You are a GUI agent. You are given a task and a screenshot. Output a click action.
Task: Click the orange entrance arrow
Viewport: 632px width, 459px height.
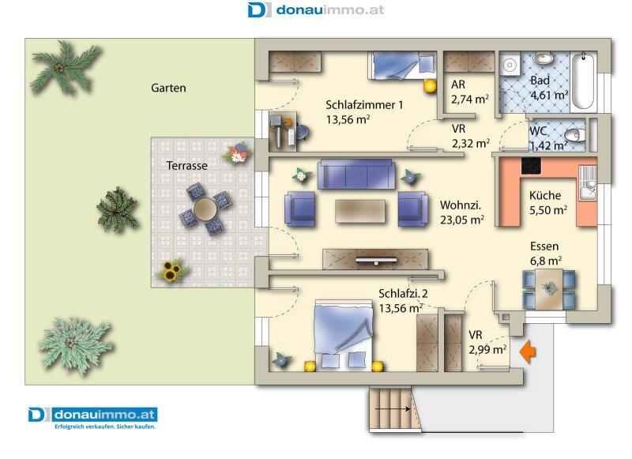[x=528, y=352]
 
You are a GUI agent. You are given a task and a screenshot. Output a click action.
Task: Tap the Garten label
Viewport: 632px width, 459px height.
[x=168, y=88]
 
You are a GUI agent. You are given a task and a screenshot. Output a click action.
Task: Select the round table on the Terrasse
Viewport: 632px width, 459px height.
[x=205, y=209]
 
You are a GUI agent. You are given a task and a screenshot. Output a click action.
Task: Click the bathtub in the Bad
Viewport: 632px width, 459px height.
[x=583, y=82]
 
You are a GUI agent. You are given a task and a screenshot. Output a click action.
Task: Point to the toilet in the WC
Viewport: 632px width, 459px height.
[x=574, y=135]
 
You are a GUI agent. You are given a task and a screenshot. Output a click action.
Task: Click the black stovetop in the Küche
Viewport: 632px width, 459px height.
[x=531, y=166]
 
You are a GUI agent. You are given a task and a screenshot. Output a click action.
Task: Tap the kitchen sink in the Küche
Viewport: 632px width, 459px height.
[x=588, y=183]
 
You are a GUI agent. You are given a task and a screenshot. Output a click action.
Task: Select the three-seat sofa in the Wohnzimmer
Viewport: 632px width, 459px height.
[x=356, y=174]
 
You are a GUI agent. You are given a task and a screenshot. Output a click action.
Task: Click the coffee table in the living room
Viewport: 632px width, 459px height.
[x=360, y=212]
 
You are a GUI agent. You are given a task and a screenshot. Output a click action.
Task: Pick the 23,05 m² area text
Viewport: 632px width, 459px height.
[x=462, y=220]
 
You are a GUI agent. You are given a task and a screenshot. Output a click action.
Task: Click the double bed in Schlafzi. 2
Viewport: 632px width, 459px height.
[x=344, y=334]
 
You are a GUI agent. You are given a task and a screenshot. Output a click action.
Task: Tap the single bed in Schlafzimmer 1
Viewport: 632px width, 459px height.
[x=403, y=65]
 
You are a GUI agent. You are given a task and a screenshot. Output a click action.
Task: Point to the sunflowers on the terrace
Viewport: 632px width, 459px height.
[x=171, y=270]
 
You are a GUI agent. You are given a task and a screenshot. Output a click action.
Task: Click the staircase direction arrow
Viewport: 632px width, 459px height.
[x=393, y=408]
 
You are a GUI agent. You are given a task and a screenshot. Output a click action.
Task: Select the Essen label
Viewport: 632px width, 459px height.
[x=544, y=246]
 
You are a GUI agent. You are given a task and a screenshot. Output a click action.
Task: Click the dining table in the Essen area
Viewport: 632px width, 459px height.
[x=548, y=288]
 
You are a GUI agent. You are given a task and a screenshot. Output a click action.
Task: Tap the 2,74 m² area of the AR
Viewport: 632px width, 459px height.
[x=470, y=99]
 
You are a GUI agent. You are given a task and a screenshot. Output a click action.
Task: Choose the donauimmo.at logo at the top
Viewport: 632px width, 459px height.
[x=315, y=9]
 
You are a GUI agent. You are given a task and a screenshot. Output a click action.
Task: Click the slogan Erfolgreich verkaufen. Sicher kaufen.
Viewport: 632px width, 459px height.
[x=105, y=427]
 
